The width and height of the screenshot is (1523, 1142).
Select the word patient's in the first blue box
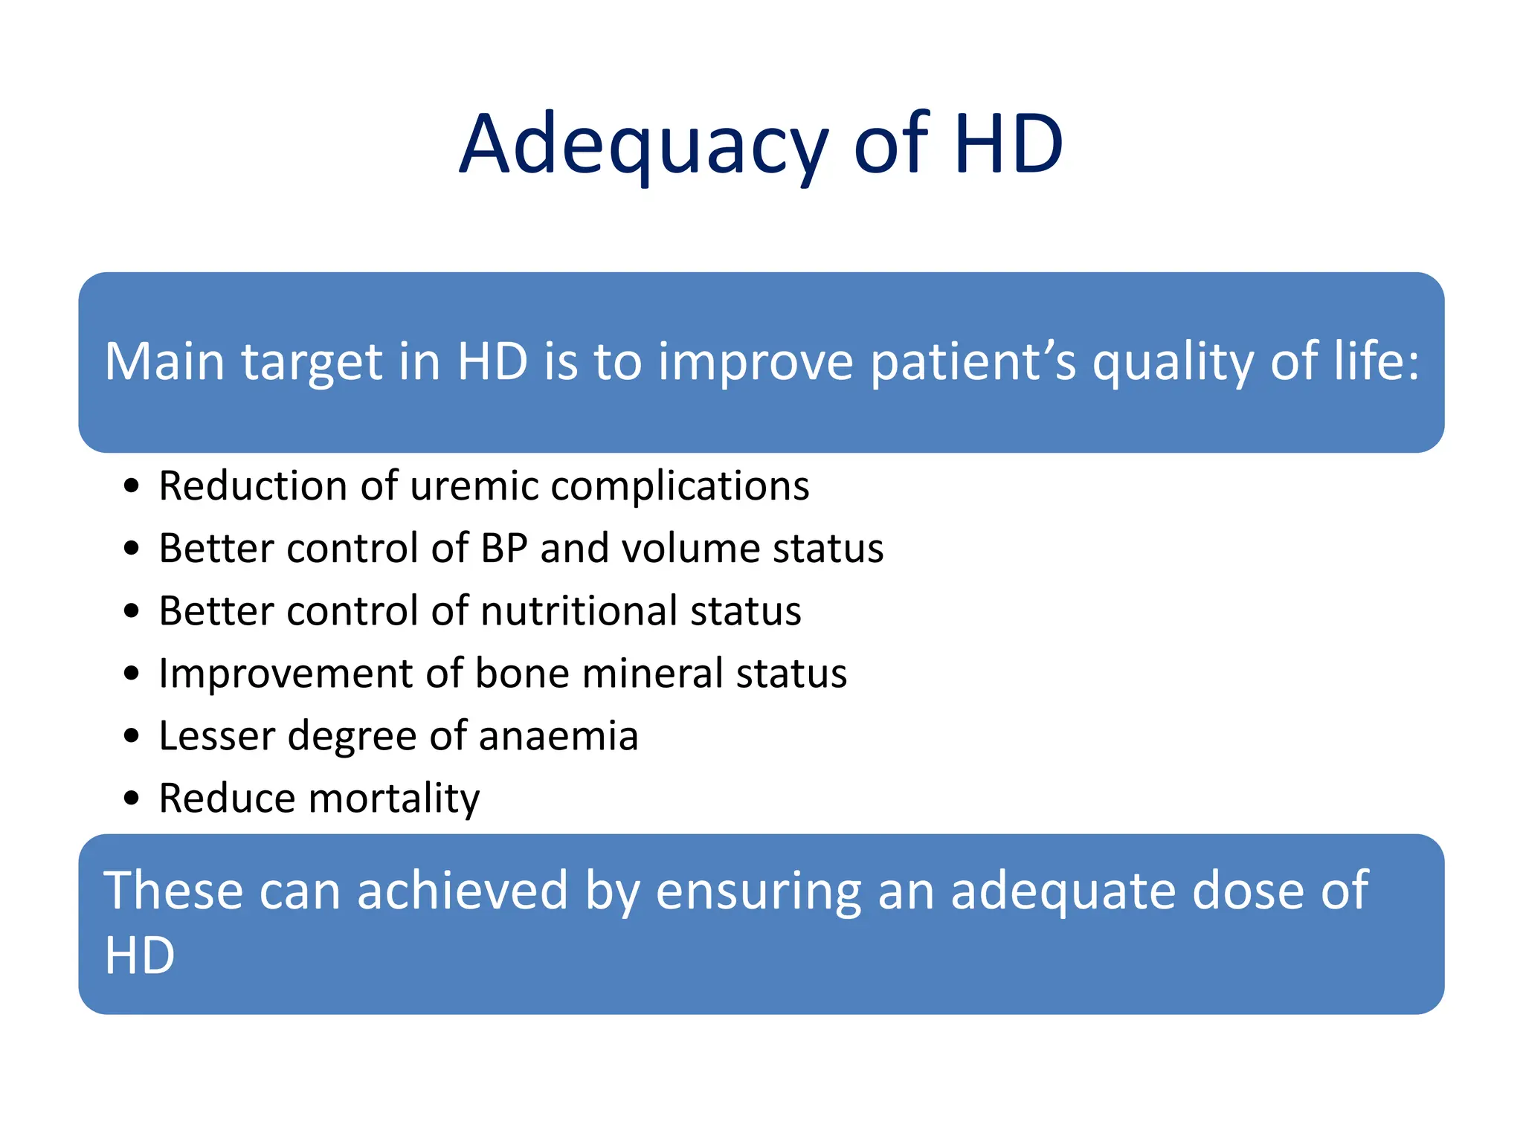coord(973,362)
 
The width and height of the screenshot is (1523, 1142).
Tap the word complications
coord(680,486)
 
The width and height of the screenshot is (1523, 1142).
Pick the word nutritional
coord(579,611)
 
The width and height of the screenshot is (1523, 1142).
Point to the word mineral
coord(653,674)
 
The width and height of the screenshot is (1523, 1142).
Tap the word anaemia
coord(558,736)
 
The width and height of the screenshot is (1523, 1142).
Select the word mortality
coord(394,799)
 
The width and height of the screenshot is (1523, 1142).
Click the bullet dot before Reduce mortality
coord(132,799)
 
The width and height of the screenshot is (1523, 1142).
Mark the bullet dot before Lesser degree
coord(132,737)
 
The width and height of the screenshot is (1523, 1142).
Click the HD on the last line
coord(140,955)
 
